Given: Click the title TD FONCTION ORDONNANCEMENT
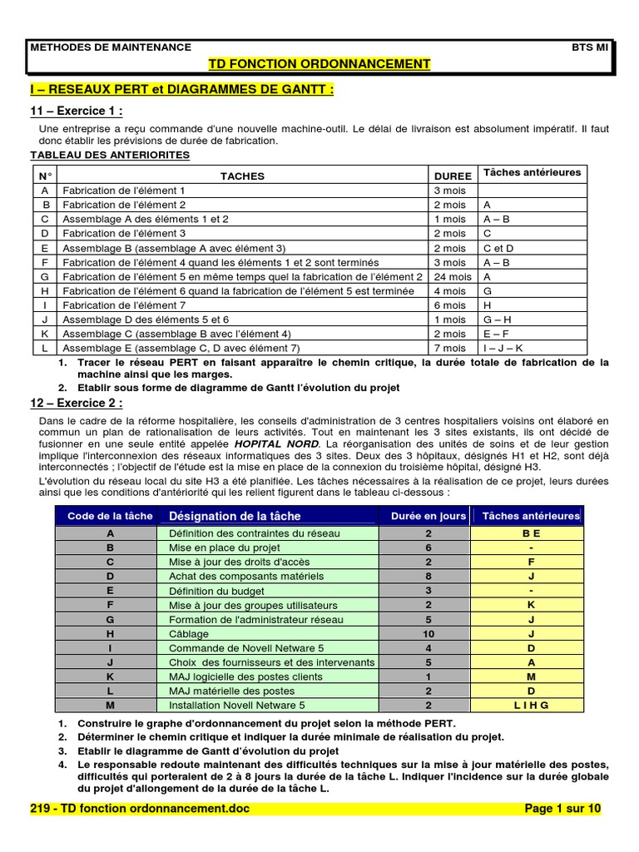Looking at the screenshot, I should (319, 64).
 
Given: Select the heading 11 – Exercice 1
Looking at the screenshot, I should (77, 111).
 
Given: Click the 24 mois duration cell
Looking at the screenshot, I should (452, 276).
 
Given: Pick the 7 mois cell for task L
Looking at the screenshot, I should (450, 348).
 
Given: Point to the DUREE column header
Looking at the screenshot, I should (453, 176).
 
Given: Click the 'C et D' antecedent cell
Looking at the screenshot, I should (498, 248).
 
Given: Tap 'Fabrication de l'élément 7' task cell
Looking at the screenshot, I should (124, 305).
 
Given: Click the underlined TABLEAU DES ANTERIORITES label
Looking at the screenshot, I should (110, 156).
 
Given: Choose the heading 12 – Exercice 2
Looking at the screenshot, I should (77, 404).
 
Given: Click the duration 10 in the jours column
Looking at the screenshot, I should (428, 634).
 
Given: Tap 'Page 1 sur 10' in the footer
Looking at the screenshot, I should (562, 808).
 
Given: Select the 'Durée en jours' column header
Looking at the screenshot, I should (428, 516).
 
